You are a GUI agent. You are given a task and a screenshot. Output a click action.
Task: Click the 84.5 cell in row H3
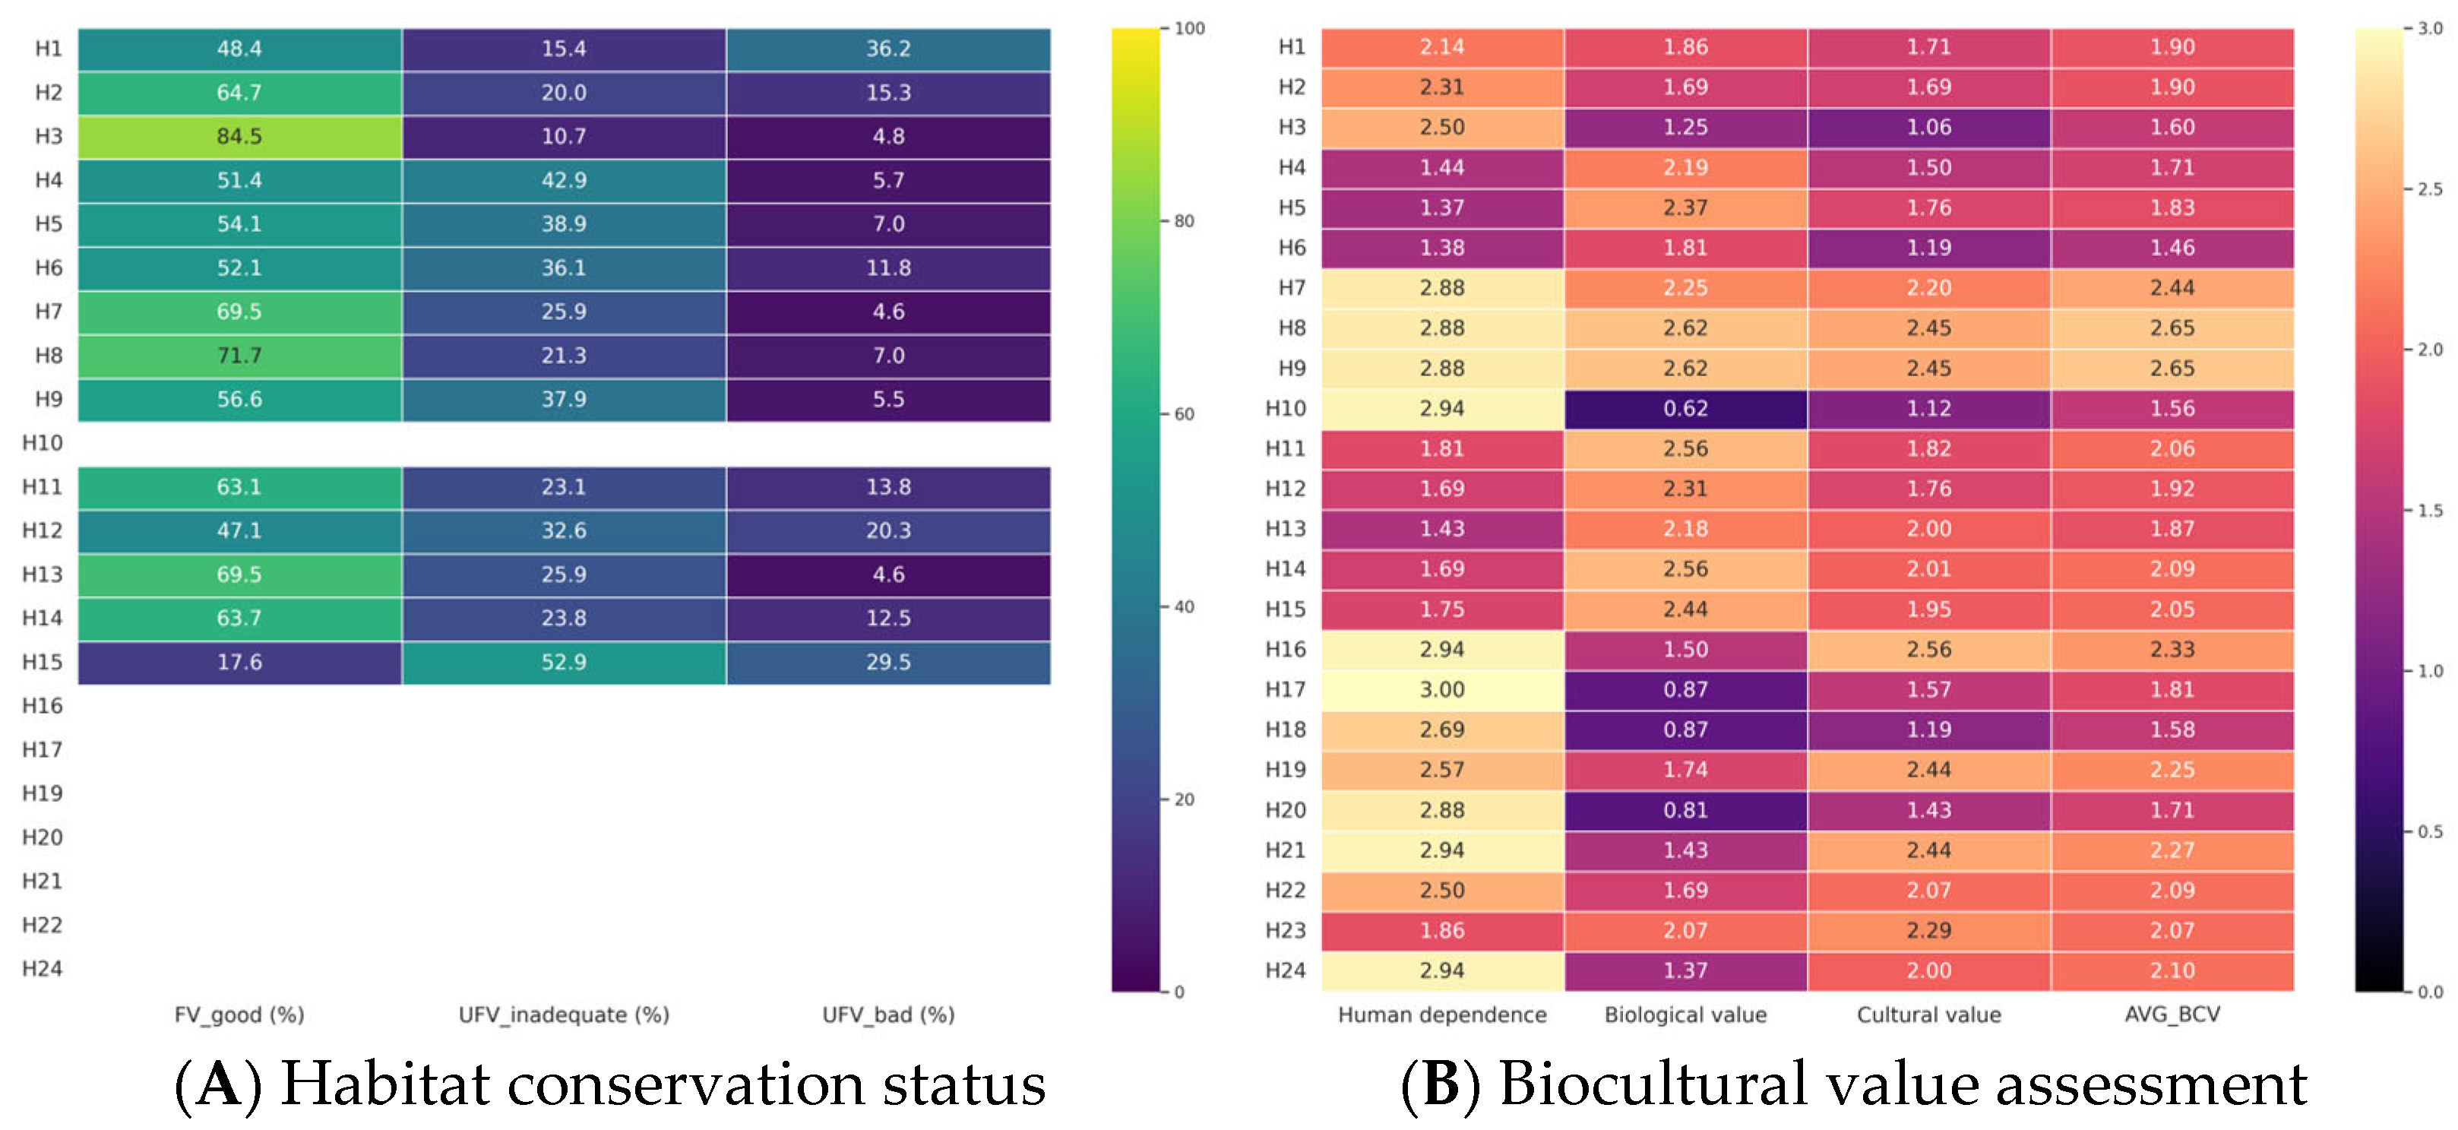pos(239,137)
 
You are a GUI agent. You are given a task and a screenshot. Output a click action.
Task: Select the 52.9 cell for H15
pos(564,663)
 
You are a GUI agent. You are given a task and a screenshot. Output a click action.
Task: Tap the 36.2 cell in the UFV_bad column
pos(888,49)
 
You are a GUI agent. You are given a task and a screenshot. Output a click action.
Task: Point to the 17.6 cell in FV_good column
pos(239,663)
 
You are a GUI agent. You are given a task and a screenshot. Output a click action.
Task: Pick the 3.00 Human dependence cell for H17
pos(1442,689)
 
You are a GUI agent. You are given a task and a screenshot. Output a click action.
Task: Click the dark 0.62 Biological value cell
pos(1685,409)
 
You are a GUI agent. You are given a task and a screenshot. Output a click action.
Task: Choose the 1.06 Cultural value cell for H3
pos(1928,127)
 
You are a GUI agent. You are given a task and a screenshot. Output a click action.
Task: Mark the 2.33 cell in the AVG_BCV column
pos(2172,649)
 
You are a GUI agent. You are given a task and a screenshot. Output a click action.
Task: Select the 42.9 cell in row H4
pos(564,180)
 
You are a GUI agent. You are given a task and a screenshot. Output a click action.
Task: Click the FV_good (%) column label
pos(239,1014)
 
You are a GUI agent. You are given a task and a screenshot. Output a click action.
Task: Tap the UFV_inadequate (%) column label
pos(564,1014)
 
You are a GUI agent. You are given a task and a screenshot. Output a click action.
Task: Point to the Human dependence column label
pos(1442,1014)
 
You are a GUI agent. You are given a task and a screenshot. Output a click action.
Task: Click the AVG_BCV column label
pos(2172,1014)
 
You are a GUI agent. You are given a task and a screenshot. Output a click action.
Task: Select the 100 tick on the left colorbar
pos(1189,29)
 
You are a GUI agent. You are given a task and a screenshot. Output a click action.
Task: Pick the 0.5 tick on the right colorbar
pos(2429,831)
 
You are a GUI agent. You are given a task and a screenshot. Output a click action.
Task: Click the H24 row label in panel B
pos(1286,970)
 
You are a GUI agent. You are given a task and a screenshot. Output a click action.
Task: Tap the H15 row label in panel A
pos(42,663)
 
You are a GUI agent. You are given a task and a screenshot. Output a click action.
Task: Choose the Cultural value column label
pos(1928,1014)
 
